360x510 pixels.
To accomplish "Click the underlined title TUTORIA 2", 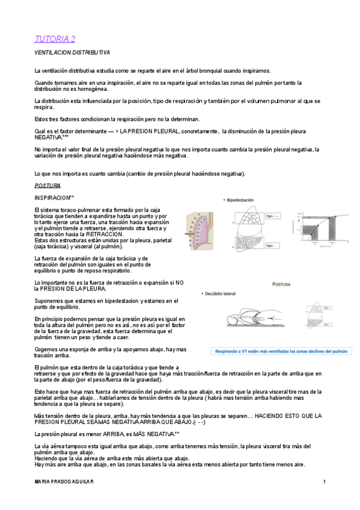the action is (x=54, y=39).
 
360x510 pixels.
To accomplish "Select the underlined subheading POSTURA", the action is (x=47, y=186).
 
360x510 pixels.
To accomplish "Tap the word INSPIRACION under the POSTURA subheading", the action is (x=53, y=198).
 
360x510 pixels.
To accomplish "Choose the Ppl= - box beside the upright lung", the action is (x=272, y=245).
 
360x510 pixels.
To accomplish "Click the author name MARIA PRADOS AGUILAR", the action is (x=64, y=482).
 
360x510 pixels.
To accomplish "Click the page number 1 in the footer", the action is (x=324, y=482).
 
